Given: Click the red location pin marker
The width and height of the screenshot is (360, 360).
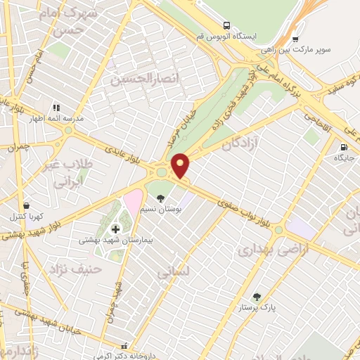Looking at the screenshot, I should pyautogui.click(x=181, y=165).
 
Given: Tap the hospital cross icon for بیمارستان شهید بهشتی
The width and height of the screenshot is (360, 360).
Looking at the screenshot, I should pyautogui.click(x=115, y=229).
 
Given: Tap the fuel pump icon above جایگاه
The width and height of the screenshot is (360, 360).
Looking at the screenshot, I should pyautogui.click(x=343, y=148).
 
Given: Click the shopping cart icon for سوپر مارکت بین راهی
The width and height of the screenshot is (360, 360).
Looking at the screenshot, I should pyautogui.click(x=295, y=39).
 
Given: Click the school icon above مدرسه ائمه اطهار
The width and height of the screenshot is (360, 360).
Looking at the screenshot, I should pyautogui.click(x=56, y=108).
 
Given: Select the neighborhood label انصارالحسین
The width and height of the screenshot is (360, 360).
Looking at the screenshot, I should pyautogui.click(x=141, y=79).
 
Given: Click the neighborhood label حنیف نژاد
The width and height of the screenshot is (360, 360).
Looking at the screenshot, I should pyautogui.click(x=75, y=269).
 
